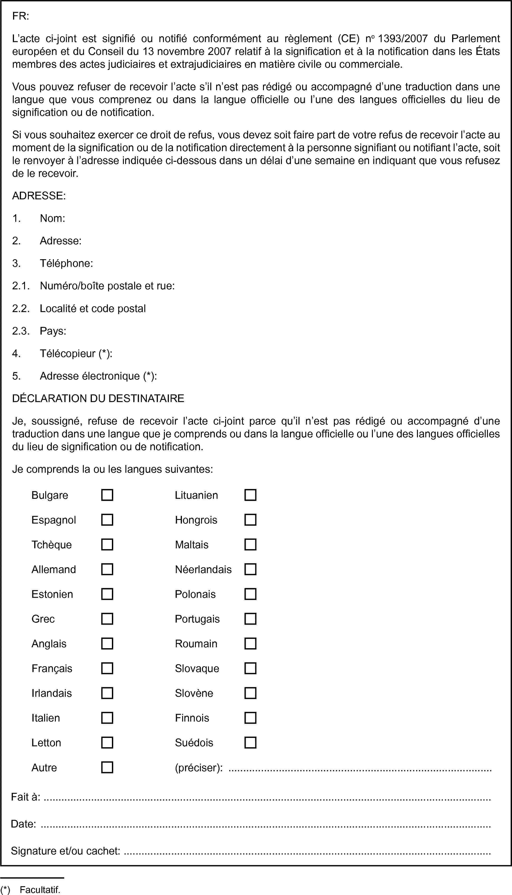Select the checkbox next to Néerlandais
pyautogui.click(x=250, y=569)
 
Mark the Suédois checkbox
pyautogui.click(x=250, y=742)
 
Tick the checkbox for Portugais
pyautogui.click(x=250, y=618)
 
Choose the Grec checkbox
pyautogui.click(x=107, y=618)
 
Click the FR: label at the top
pyautogui.click(x=21, y=16)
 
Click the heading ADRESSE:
pyautogui.click(x=39, y=196)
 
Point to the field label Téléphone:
pyautogui.click(x=66, y=263)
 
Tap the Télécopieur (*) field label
pyautogui.click(x=76, y=353)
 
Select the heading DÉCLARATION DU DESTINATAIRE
pyautogui.click(x=98, y=398)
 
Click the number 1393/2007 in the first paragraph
pyautogui.click(x=402, y=38)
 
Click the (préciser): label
pyautogui.click(x=199, y=767)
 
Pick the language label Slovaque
pyautogui.click(x=197, y=668)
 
